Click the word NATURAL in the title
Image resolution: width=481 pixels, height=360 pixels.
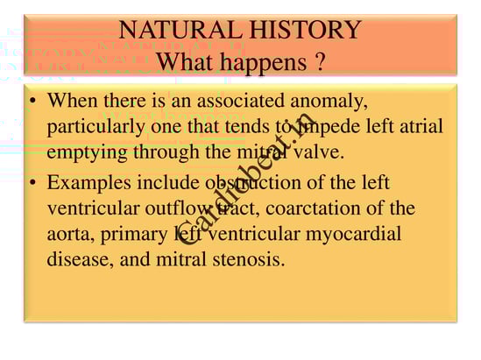point(180,30)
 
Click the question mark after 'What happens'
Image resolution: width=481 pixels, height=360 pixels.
point(320,61)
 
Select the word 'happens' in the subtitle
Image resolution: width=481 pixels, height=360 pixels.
point(264,64)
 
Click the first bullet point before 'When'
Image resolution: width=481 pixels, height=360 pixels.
point(32,102)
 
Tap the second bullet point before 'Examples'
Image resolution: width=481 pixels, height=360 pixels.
point(32,183)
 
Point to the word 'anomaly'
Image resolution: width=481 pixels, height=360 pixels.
point(329,102)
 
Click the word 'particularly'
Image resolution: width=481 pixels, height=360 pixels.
point(96,127)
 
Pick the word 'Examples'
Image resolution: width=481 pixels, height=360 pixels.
point(89,184)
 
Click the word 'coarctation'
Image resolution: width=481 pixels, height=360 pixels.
point(313,208)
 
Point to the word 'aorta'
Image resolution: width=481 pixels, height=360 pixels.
point(71,235)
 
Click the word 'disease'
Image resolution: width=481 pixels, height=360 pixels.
point(80,259)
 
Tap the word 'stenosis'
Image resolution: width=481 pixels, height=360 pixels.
point(249,259)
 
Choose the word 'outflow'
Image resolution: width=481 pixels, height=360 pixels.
point(178,208)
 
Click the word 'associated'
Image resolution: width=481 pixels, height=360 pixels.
point(240,101)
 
